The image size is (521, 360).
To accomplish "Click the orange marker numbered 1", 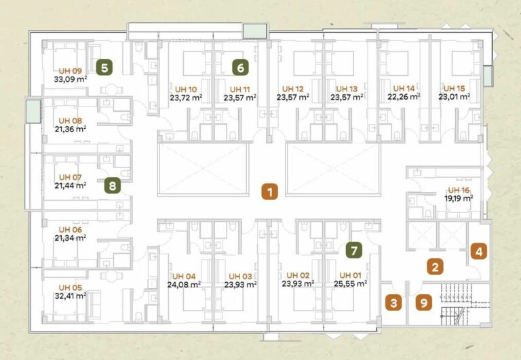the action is pyautogui.click(x=270, y=192).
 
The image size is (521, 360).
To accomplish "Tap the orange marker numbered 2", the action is pyautogui.click(x=435, y=266).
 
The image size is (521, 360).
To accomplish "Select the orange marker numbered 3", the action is pyautogui.click(x=393, y=303).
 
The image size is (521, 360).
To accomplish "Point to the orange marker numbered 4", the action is pyautogui.click(x=479, y=252).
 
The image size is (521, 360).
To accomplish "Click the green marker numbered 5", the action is pyautogui.click(x=104, y=68).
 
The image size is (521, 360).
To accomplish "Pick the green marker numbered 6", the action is pyautogui.click(x=240, y=67).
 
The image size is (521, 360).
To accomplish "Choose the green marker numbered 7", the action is pyautogui.click(x=354, y=250).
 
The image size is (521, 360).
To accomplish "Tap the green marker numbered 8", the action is pyautogui.click(x=113, y=185).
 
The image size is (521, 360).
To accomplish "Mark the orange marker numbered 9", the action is pyautogui.click(x=424, y=302).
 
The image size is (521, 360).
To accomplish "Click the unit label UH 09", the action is pyautogui.click(x=70, y=71).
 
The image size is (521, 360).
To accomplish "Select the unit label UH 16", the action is pyautogui.click(x=459, y=191).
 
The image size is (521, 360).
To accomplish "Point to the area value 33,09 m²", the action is pyautogui.click(x=71, y=79).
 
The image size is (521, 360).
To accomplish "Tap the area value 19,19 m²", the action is pyautogui.click(x=459, y=198).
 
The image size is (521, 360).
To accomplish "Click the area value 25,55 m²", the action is pyautogui.click(x=351, y=283).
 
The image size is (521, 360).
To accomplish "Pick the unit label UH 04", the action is pyautogui.click(x=184, y=277).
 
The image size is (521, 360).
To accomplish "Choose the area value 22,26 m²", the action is pyautogui.click(x=404, y=96).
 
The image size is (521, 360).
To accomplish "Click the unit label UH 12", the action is pyautogui.click(x=293, y=89).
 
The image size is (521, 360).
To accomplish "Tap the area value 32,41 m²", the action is pyautogui.click(x=70, y=295).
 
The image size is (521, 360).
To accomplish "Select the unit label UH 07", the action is pyautogui.click(x=70, y=178).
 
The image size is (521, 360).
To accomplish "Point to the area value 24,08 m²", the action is pyautogui.click(x=184, y=284).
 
